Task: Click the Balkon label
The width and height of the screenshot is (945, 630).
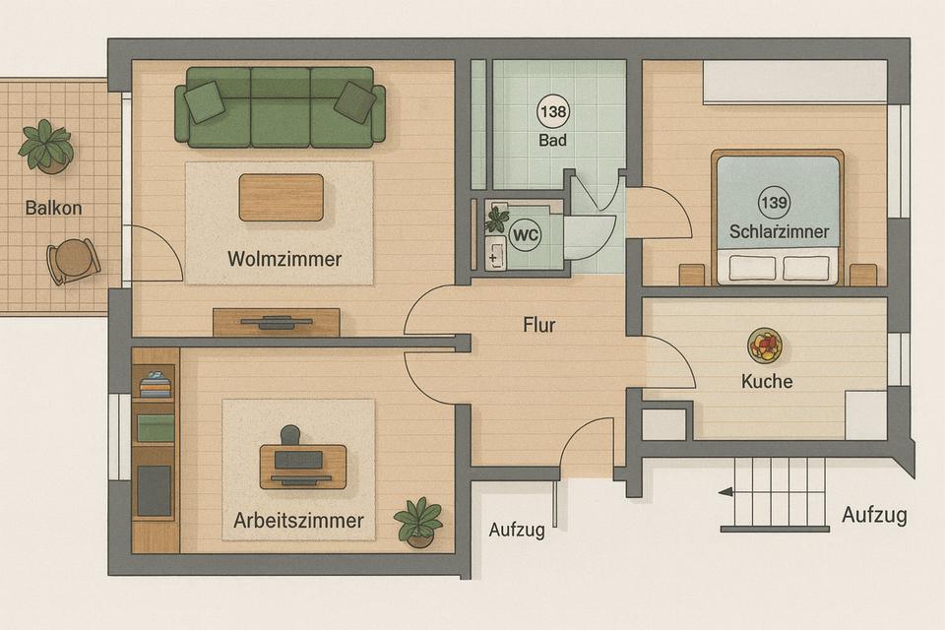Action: tap(53, 208)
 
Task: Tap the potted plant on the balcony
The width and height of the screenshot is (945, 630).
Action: tap(46, 147)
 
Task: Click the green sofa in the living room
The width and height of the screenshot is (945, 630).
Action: tap(281, 107)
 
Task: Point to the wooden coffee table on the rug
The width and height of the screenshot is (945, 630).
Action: tap(282, 198)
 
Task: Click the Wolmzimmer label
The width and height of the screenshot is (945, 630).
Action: tap(284, 259)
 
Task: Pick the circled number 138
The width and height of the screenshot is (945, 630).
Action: tap(552, 111)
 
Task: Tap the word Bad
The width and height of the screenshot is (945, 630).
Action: tap(552, 141)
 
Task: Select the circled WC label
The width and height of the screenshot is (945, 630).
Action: tap(525, 234)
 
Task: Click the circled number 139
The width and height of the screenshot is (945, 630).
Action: tap(775, 202)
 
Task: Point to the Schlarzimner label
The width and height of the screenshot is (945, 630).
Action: tap(779, 231)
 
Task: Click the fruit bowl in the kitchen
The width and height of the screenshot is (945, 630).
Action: tap(765, 346)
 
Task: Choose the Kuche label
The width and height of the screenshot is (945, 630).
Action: tap(767, 381)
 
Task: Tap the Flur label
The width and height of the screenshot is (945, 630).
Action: tap(539, 325)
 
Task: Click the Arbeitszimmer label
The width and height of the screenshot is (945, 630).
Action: tap(298, 521)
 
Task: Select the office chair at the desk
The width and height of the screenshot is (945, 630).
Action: tap(290, 434)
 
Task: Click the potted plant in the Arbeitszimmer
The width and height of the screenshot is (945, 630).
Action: tap(418, 522)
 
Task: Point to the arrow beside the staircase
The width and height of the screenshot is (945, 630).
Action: tap(725, 492)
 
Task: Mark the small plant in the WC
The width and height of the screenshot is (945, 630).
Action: tap(496, 220)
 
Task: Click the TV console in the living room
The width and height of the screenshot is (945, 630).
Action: tap(276, 323)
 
